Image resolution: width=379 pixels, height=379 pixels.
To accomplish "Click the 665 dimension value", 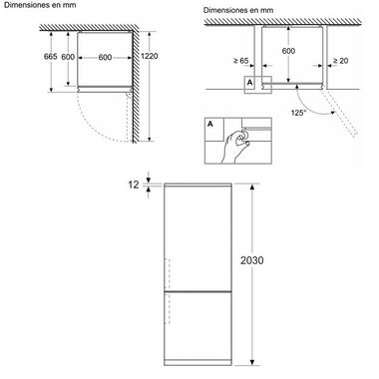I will pyautogui.click(x=50, y=57).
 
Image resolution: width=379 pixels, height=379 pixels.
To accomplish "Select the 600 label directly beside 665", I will pyautogui.click(x=68, y=57).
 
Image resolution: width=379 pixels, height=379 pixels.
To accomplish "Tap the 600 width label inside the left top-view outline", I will pyautogui.click(x=105, y=57).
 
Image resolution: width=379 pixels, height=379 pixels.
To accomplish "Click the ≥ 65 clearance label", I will pyautogui.click(x=238, y=62).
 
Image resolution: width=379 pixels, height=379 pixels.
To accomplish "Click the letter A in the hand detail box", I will pyautogui.click(x=211, y=126).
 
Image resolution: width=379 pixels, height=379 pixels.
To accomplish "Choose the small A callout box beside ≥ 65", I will pyautogui.click(x=250, y=84).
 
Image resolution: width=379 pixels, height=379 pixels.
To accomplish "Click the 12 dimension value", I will pyautogui.click(x=134, y=184).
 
